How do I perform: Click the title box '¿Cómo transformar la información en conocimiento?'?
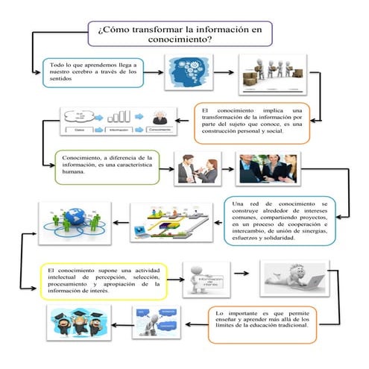pos(180,34)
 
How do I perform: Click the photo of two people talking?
pos(197,169)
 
